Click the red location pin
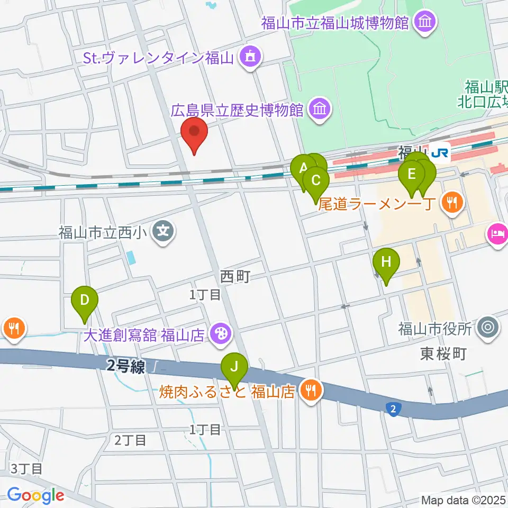point(194,132)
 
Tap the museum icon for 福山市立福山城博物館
point(425,23)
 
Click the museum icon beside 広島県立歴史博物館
point(320,110)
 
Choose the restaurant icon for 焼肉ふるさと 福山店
point(310,392)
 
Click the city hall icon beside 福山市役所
point(487,329)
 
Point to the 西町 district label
point(234,276)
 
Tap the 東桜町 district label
point(443,353)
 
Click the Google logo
point(35,495)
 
